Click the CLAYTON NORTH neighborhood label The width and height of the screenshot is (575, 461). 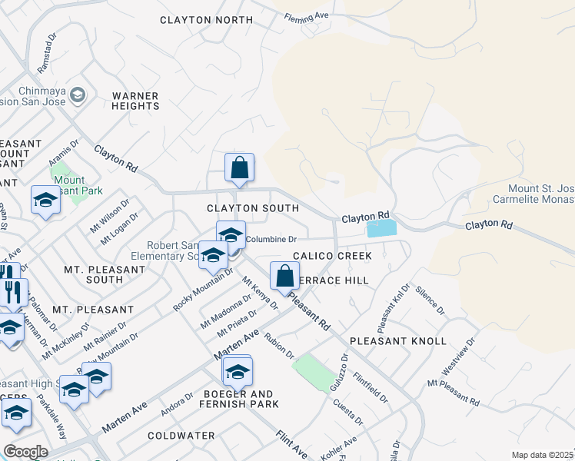(x=206, y=20)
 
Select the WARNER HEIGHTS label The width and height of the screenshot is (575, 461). (x=135, y=101)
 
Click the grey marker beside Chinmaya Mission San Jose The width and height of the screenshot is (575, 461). (x=77, y=95)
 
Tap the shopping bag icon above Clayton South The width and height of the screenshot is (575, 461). (x=239, y=167)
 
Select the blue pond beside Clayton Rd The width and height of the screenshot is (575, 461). (x=382, y=228)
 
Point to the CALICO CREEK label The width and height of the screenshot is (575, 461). (x=332, y=255)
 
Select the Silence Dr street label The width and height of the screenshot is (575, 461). (x=430, y=300)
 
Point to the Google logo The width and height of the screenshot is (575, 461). (x=25, y=452)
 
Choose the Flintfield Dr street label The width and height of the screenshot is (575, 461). (x=371, y=387)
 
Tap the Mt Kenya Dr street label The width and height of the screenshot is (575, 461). (x=259, y=294)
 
